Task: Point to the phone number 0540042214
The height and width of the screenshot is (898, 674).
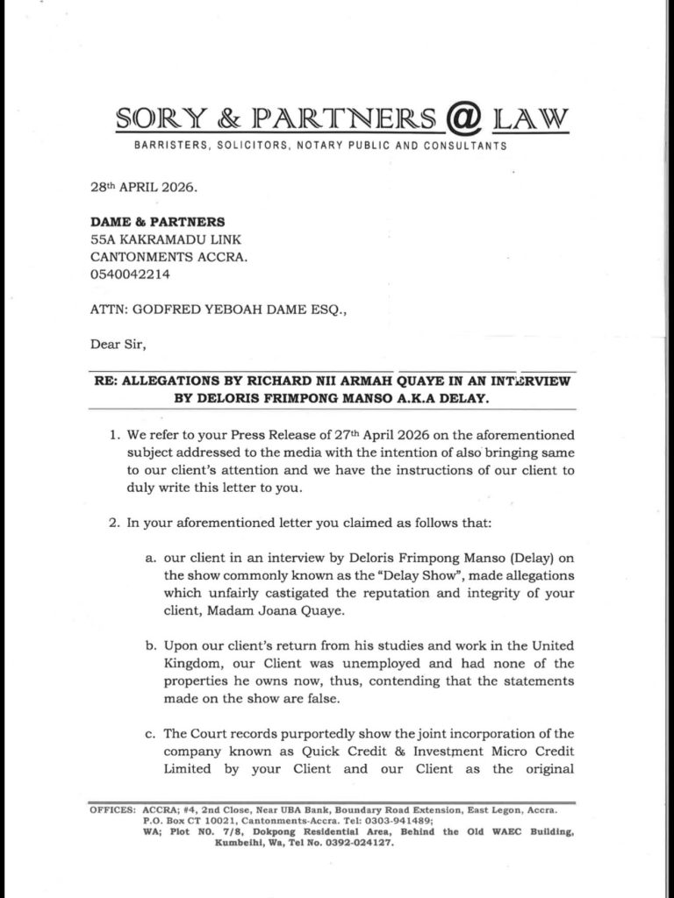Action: click(130, 274)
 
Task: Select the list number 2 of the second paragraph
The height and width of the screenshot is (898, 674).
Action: click(113, 524)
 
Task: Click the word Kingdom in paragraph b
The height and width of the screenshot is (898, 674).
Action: click(195, 663)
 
